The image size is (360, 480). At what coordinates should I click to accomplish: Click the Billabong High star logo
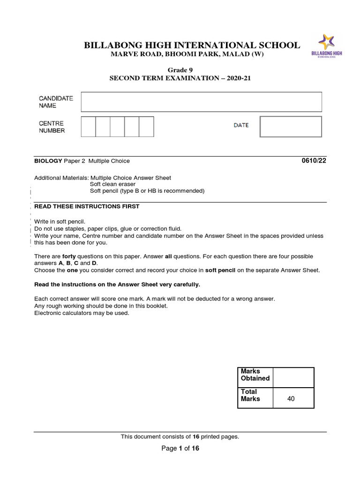(326, 42)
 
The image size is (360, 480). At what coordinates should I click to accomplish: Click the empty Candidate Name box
(201, 102)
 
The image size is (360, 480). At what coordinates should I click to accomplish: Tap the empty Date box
(291, 127)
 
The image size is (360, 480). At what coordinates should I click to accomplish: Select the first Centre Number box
(88, 127)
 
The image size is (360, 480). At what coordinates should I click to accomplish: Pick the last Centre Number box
(146, 127)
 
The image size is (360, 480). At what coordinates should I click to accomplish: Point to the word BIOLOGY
(48, 161)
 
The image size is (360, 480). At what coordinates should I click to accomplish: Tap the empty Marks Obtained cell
(293, 377)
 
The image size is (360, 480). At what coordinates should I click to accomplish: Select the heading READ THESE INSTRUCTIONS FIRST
(87, 206)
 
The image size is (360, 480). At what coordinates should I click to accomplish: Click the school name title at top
(191, 45)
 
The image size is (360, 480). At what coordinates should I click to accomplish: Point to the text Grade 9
(180, 70)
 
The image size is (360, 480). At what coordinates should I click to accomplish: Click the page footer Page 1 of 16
(180, 448)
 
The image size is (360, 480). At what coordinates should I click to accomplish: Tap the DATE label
(241, 126)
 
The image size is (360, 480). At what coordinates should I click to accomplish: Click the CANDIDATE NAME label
(56, 102)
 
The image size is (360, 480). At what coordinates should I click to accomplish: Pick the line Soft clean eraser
(112, 184)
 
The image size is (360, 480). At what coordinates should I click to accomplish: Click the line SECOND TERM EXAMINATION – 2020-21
(180, 78)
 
